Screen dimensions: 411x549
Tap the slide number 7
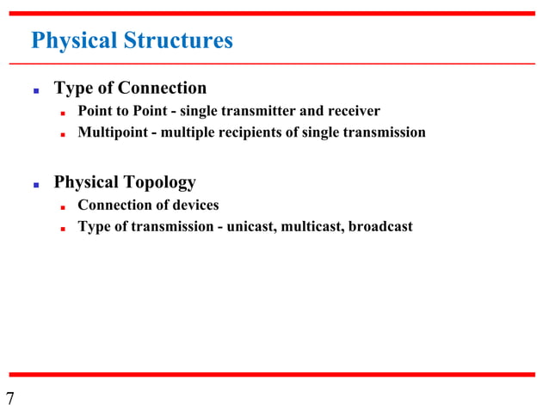(10, 398)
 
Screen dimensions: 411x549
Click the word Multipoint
(112, 132)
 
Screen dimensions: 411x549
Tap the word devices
(193, 205)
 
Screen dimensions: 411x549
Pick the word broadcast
(380, 227)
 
